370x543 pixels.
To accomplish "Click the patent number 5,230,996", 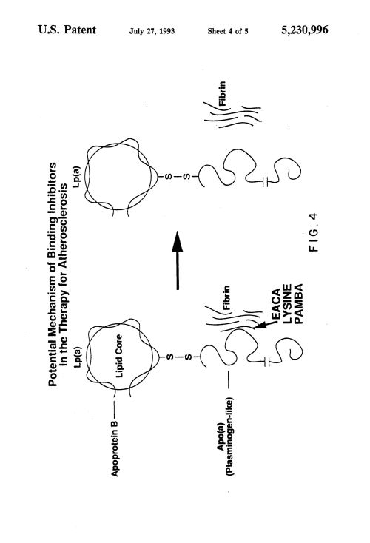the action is coord(305,30).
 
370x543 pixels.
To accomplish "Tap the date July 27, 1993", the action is coord(152,31).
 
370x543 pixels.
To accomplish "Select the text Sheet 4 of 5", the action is coord(228,31).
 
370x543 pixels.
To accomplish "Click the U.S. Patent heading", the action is coord(67,30).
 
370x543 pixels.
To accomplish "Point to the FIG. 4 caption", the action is coord(314,232).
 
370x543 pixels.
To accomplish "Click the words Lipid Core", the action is coord(119,356).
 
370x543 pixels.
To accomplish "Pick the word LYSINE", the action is coord(288,304).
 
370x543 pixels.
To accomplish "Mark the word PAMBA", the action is coord(298,304).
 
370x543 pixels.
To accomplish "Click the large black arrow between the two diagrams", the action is coord(178,260).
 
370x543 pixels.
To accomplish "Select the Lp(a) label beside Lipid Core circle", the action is coord(78,357).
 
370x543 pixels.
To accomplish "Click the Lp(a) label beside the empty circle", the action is coord(76,178).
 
